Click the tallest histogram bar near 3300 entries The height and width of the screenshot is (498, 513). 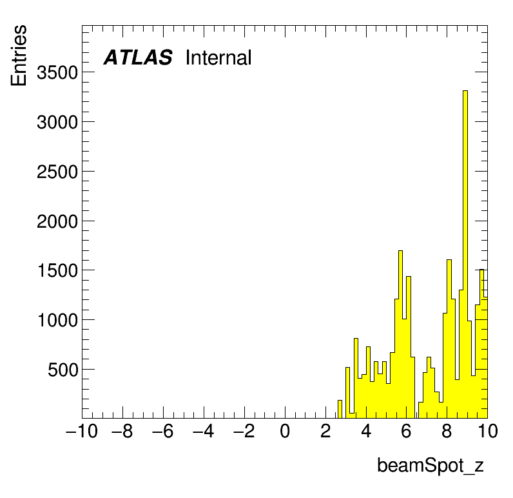point(465,254)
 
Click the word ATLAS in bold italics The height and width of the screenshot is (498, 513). point(138,57)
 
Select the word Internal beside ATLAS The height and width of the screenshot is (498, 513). point(218,57)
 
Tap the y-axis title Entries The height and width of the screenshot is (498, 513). point(19,55)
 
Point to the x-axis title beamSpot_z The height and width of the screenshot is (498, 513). point(431,465)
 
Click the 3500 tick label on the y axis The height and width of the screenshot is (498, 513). point(57,72)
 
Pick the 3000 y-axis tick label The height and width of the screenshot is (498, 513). point(57,122)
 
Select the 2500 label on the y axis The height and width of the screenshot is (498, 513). point(57,172)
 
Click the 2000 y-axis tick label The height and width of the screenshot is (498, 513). point(57,221)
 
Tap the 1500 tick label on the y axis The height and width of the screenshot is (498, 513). point(58,271)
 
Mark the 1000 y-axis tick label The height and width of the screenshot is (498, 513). point(58,320)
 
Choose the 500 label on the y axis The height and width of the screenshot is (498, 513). point(63,370)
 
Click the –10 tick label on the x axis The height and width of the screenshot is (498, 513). point(82,431)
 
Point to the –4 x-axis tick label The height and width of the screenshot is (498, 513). point(204,431)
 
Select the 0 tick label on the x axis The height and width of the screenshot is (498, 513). point(285,431)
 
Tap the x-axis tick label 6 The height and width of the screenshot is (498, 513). point(407,431)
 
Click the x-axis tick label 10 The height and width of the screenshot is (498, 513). point(488,431)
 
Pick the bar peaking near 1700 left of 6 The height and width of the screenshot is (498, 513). point(400,334)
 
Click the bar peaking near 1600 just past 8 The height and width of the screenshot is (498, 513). point(449,339)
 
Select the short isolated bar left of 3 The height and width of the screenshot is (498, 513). point(340,409)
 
